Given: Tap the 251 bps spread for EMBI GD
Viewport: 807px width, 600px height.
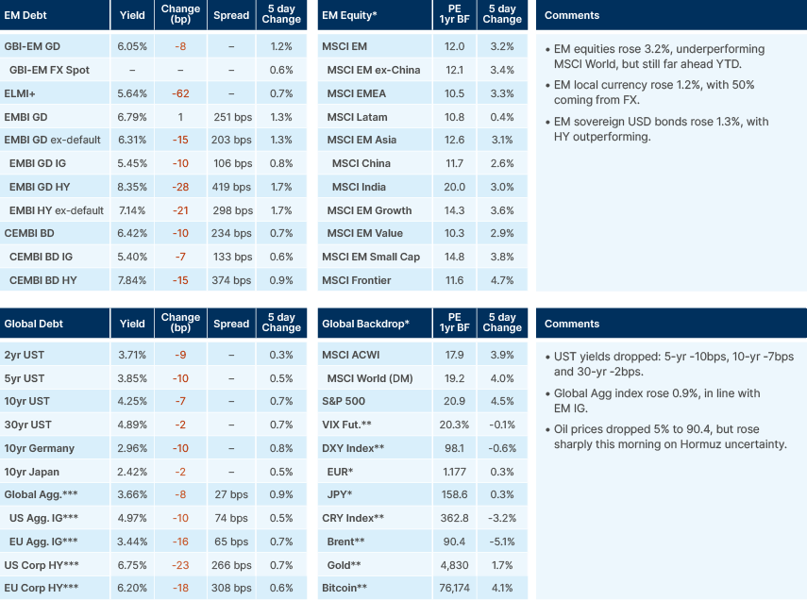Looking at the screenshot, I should pos(231,117).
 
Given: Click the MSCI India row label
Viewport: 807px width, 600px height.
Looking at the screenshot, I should pos(361,187).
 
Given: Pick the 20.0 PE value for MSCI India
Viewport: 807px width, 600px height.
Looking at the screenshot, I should pos(454,187).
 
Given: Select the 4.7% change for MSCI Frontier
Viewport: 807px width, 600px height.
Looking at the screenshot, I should pos(502,280).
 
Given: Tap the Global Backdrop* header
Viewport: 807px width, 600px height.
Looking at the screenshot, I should pos(365,324).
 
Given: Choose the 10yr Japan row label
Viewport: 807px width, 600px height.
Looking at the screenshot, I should pos(33,472).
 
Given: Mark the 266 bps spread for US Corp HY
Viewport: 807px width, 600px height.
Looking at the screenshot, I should pos(231,565).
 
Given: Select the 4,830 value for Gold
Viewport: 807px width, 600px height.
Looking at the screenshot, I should pos(452,565).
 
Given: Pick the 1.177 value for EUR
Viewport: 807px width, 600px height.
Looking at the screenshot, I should pos(454,472).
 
